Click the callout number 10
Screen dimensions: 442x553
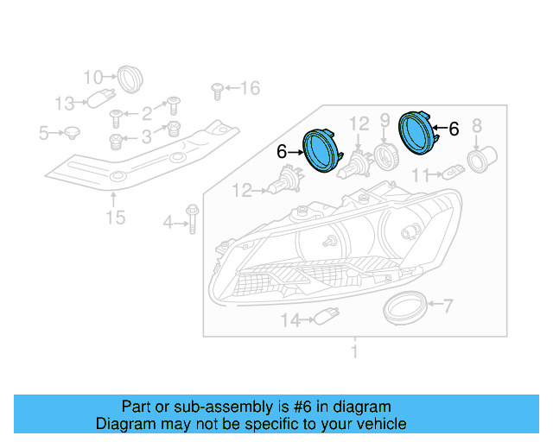click(x=93, y=77)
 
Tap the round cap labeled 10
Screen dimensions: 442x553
click(x=130, y=78)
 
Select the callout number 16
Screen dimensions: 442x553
click(x=250, y=87)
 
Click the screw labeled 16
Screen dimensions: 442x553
click(x=218, y=88)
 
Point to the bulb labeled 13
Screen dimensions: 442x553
click(x=101, y=101)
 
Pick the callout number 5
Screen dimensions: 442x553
click(x=43, y=133)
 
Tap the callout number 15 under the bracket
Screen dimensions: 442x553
click(x=115, y=217)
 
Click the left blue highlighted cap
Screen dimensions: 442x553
click(x=322, y=151)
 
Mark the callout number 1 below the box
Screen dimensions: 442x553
click(x=353, y=351)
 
